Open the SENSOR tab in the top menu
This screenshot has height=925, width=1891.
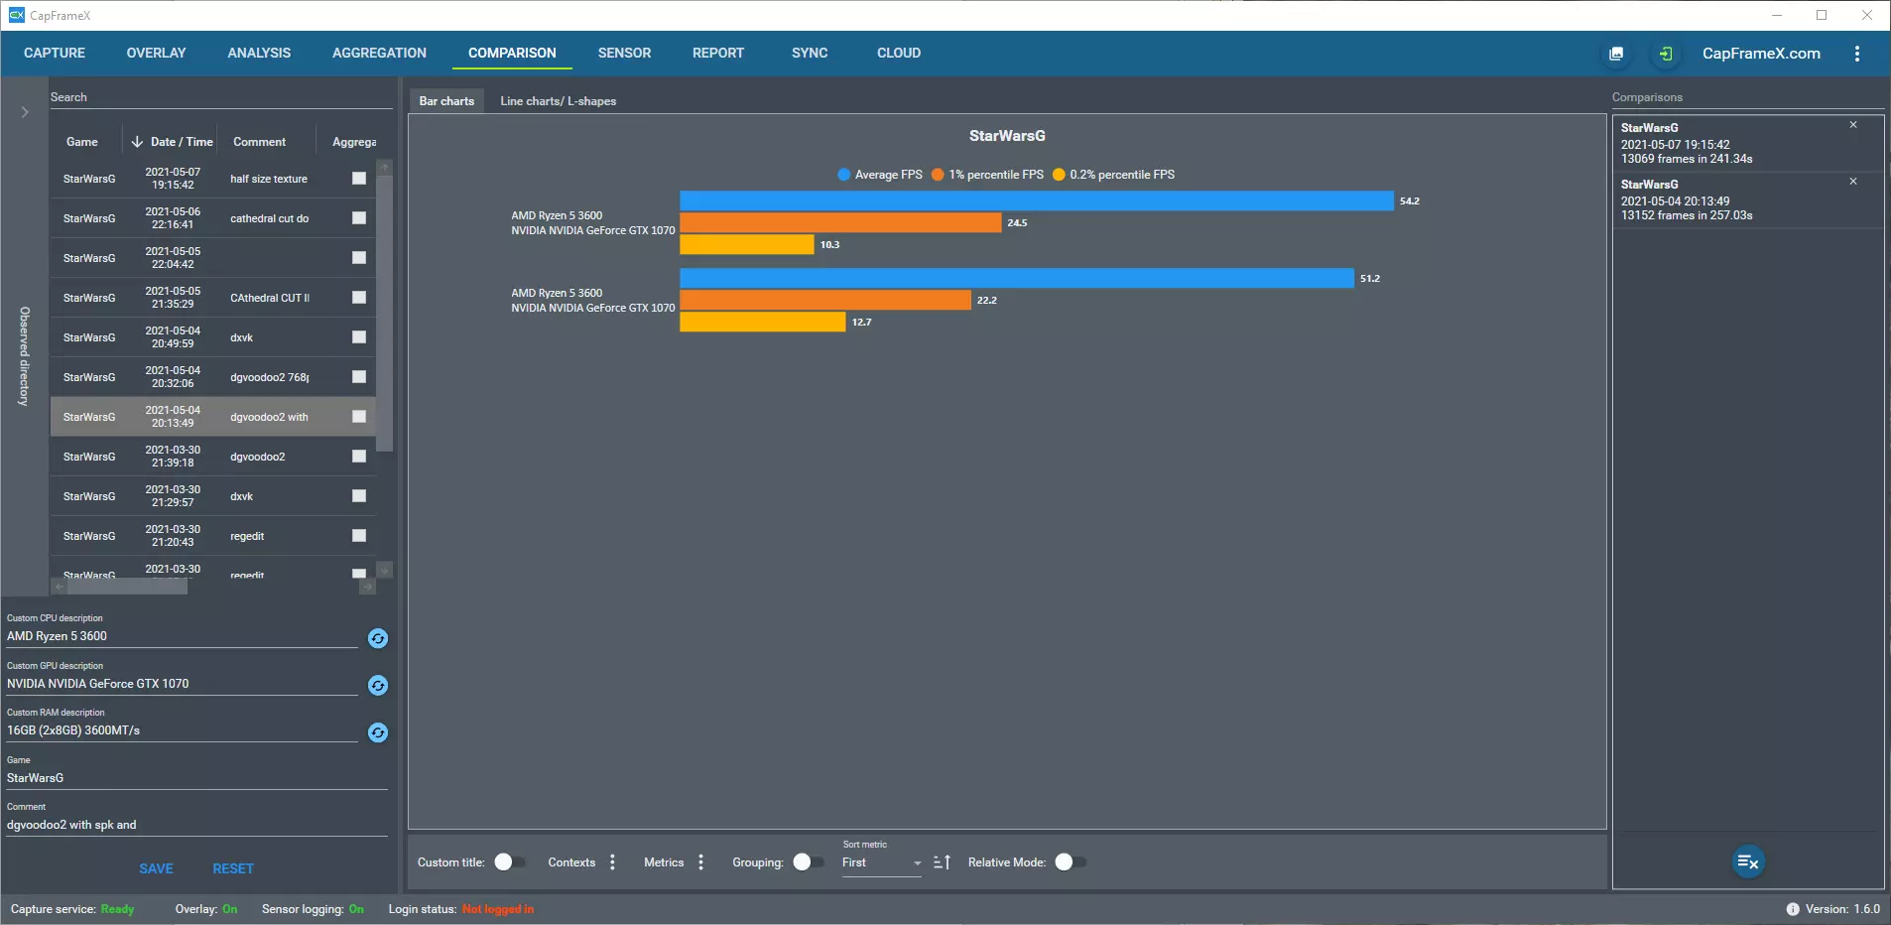click(x=624, y=53)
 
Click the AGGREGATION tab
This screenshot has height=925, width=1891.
click(x=379, y=53)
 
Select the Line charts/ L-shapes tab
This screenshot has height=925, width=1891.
click(x=558, y=101)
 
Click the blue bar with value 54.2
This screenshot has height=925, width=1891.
click(x=1036, y=201)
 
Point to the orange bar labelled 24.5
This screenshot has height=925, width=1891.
click(x=840, y=223)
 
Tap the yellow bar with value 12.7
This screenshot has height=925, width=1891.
click(x=762, y=323)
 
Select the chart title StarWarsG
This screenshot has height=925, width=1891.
click(x=1007, y=136)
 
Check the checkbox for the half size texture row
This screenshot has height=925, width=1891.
click(x=359, y=179)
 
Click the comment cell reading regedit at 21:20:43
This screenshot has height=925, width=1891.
click(x=248, y=536)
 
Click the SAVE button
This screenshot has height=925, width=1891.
click(x=156, y=868)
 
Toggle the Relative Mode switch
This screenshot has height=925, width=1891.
click(x=1069, y=862)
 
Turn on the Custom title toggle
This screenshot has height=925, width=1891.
click(x=509, y=862)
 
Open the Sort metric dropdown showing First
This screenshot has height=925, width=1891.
click(x=881, y=863)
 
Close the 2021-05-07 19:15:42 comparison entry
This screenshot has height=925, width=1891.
click(x=1852, y=125)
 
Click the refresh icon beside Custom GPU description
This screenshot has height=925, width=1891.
click(x=378, y=686)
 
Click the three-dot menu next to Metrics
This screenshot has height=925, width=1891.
click(x=701, y=862)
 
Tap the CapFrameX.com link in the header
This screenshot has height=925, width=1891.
click(x=1761, y=54)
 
